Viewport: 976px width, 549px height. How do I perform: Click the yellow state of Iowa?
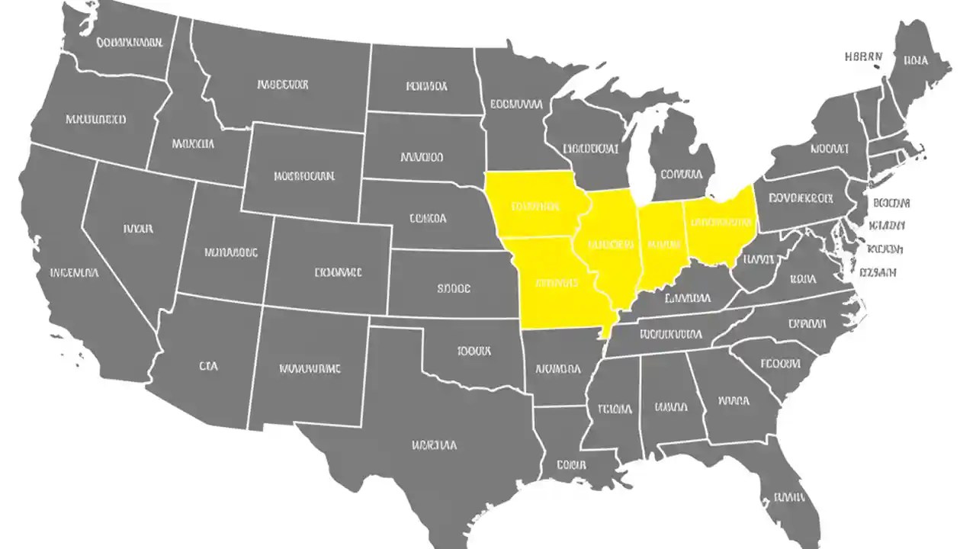pos(535,205)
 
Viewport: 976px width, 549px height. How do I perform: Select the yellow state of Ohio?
pos(721,223)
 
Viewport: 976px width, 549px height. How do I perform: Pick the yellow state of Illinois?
pos(611,246)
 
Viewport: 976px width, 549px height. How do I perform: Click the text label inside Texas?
pos(435,445)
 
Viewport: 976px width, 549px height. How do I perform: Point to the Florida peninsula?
pos(789,496)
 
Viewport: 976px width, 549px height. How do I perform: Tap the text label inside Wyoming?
pos(303,176)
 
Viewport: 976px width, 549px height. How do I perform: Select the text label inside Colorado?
pos(338,271)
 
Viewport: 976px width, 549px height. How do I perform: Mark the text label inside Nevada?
pos(137,228)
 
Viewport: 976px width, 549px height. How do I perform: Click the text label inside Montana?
pos(282,85)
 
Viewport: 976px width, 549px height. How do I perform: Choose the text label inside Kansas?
pos(454,289)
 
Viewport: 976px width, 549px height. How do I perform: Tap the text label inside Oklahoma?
pos(475,352)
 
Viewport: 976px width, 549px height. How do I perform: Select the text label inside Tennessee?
pos(670,333)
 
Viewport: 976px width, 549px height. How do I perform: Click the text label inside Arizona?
pos(208,366)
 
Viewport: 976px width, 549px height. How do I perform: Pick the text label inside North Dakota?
pos(426,86)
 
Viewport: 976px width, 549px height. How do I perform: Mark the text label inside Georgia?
pos(734,400)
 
